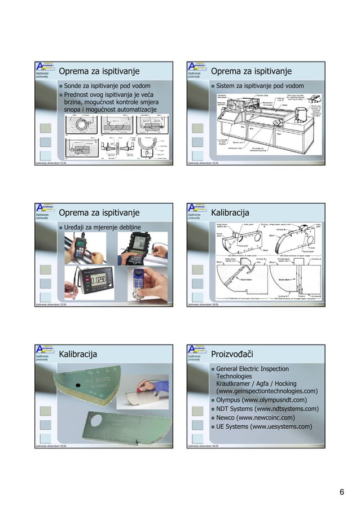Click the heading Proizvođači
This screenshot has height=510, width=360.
point(231,354)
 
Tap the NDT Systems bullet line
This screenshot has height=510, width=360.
point(265,408)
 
